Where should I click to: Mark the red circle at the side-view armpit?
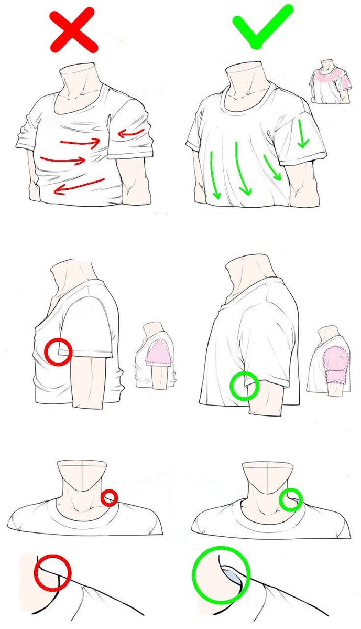pyautogui.click(x=58, y=351)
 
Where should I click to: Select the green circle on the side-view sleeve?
pyautogui.click(x=244, y=386)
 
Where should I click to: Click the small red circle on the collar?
pyautogui.click(x=109, y=497)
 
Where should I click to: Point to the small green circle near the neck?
pyautogui.click(x=290, y=499)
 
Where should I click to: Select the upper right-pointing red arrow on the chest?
pyautogui.click(x=81, y=141)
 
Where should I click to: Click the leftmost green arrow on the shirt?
pyautogui.click(x=215, y=176)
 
